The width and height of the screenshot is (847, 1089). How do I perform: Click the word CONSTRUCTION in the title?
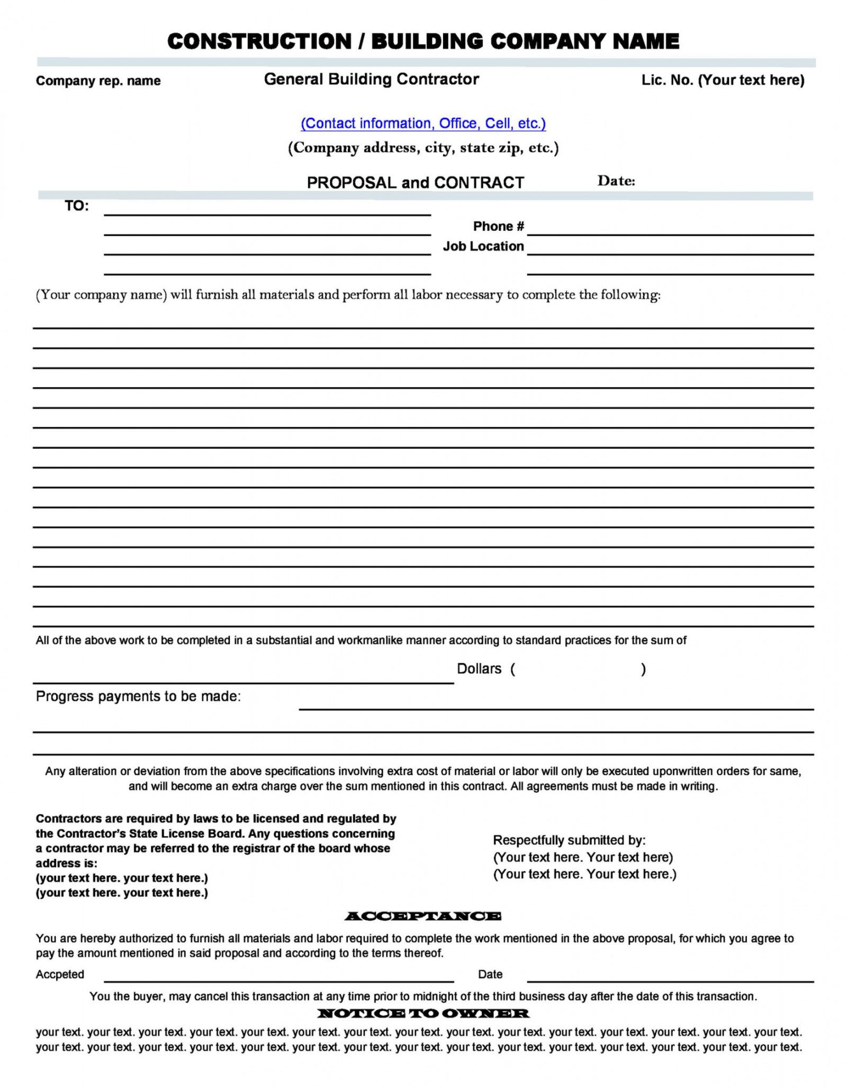(x=259, y=41)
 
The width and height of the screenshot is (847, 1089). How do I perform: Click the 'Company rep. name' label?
(x=98, y=81)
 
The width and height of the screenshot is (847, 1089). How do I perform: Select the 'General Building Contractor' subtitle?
(x=371, y=79)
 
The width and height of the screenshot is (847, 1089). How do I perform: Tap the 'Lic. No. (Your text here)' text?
(x=723, y=80)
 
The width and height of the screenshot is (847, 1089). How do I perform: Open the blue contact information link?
(x=423, y=123)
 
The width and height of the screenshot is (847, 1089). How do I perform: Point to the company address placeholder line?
(x=423, y=148)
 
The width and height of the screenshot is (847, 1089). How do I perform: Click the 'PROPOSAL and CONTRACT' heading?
(x=415, y=183)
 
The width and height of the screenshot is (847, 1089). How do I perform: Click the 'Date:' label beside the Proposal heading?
(x=616, y=181)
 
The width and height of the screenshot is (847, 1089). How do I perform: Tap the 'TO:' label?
(x=77, y=206)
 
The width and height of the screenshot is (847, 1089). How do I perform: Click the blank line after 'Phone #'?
(x=670, y=231)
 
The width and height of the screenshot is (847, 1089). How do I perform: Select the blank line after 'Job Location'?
(x=670, y=251)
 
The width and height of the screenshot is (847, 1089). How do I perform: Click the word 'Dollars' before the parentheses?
(x=479, y=669)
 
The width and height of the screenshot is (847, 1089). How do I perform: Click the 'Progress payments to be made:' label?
(x=138, y=697)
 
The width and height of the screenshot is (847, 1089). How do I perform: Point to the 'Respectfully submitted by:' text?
(x=569, y=840)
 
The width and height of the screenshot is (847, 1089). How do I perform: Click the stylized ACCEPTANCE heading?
(x=422, y=916)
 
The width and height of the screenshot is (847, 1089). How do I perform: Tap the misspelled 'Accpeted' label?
(x=60, y=974)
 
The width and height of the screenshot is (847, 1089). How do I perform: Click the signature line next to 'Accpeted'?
(x=278, y=978)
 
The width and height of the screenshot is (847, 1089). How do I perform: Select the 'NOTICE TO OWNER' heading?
(x=423, y=1013)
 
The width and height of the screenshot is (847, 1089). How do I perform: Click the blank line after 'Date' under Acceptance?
(x=670, y=978)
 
